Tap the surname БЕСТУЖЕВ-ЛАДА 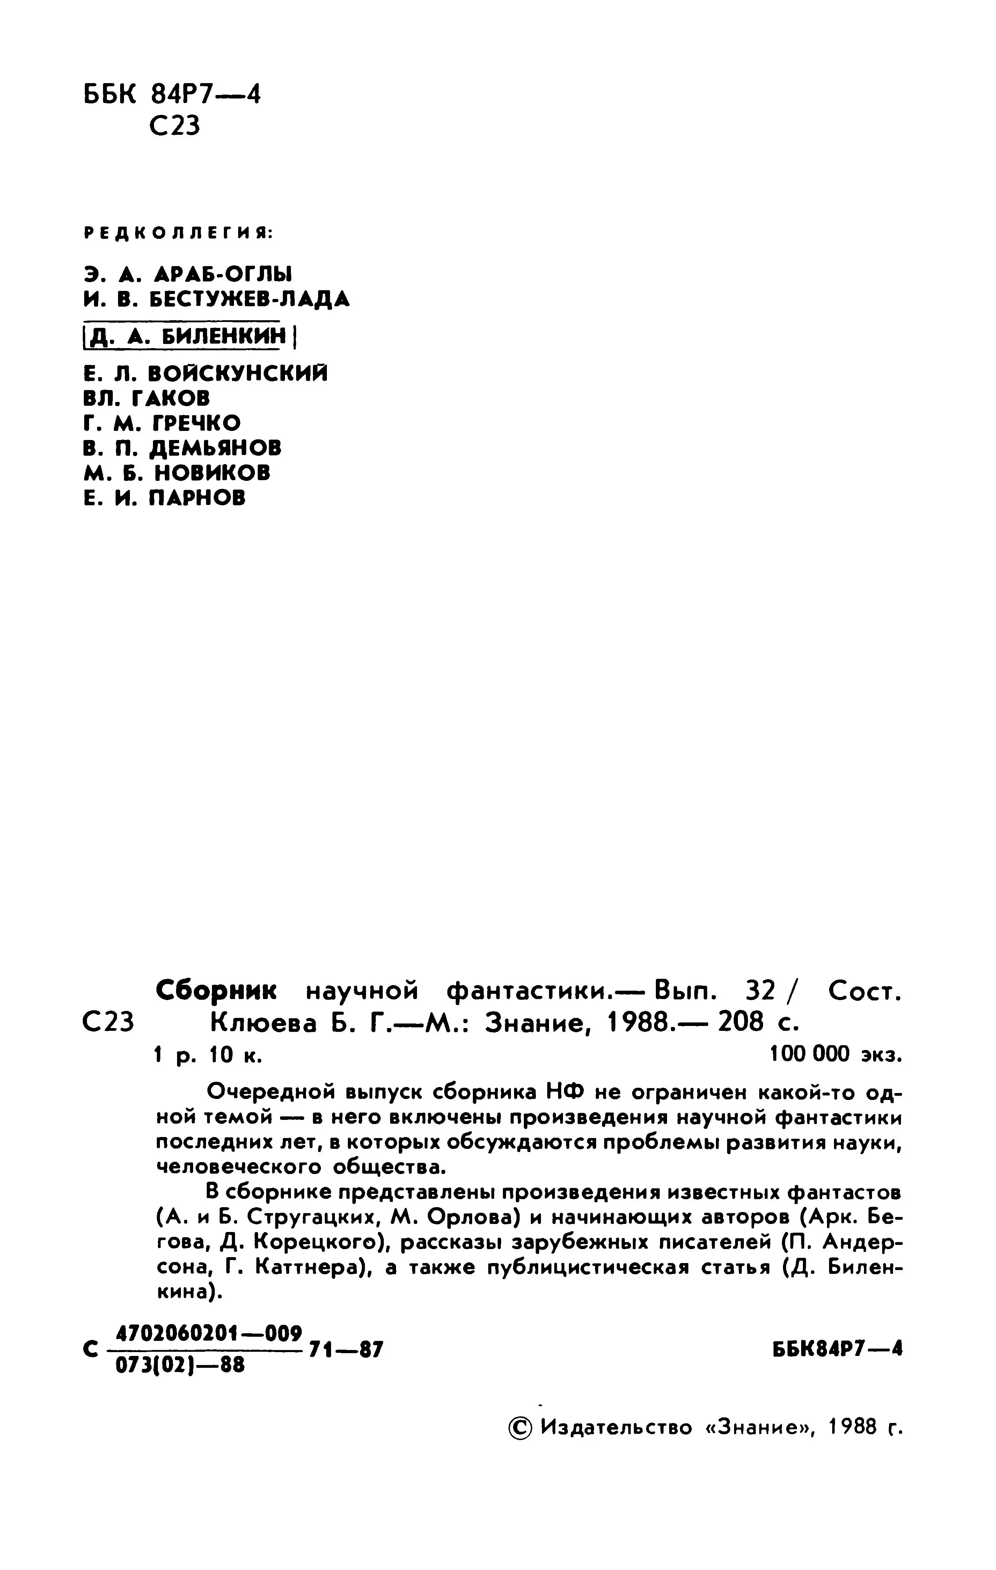[250, 299]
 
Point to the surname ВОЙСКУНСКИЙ [238, 374]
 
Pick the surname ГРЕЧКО [196, 423]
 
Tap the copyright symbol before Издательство [520, 1428]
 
